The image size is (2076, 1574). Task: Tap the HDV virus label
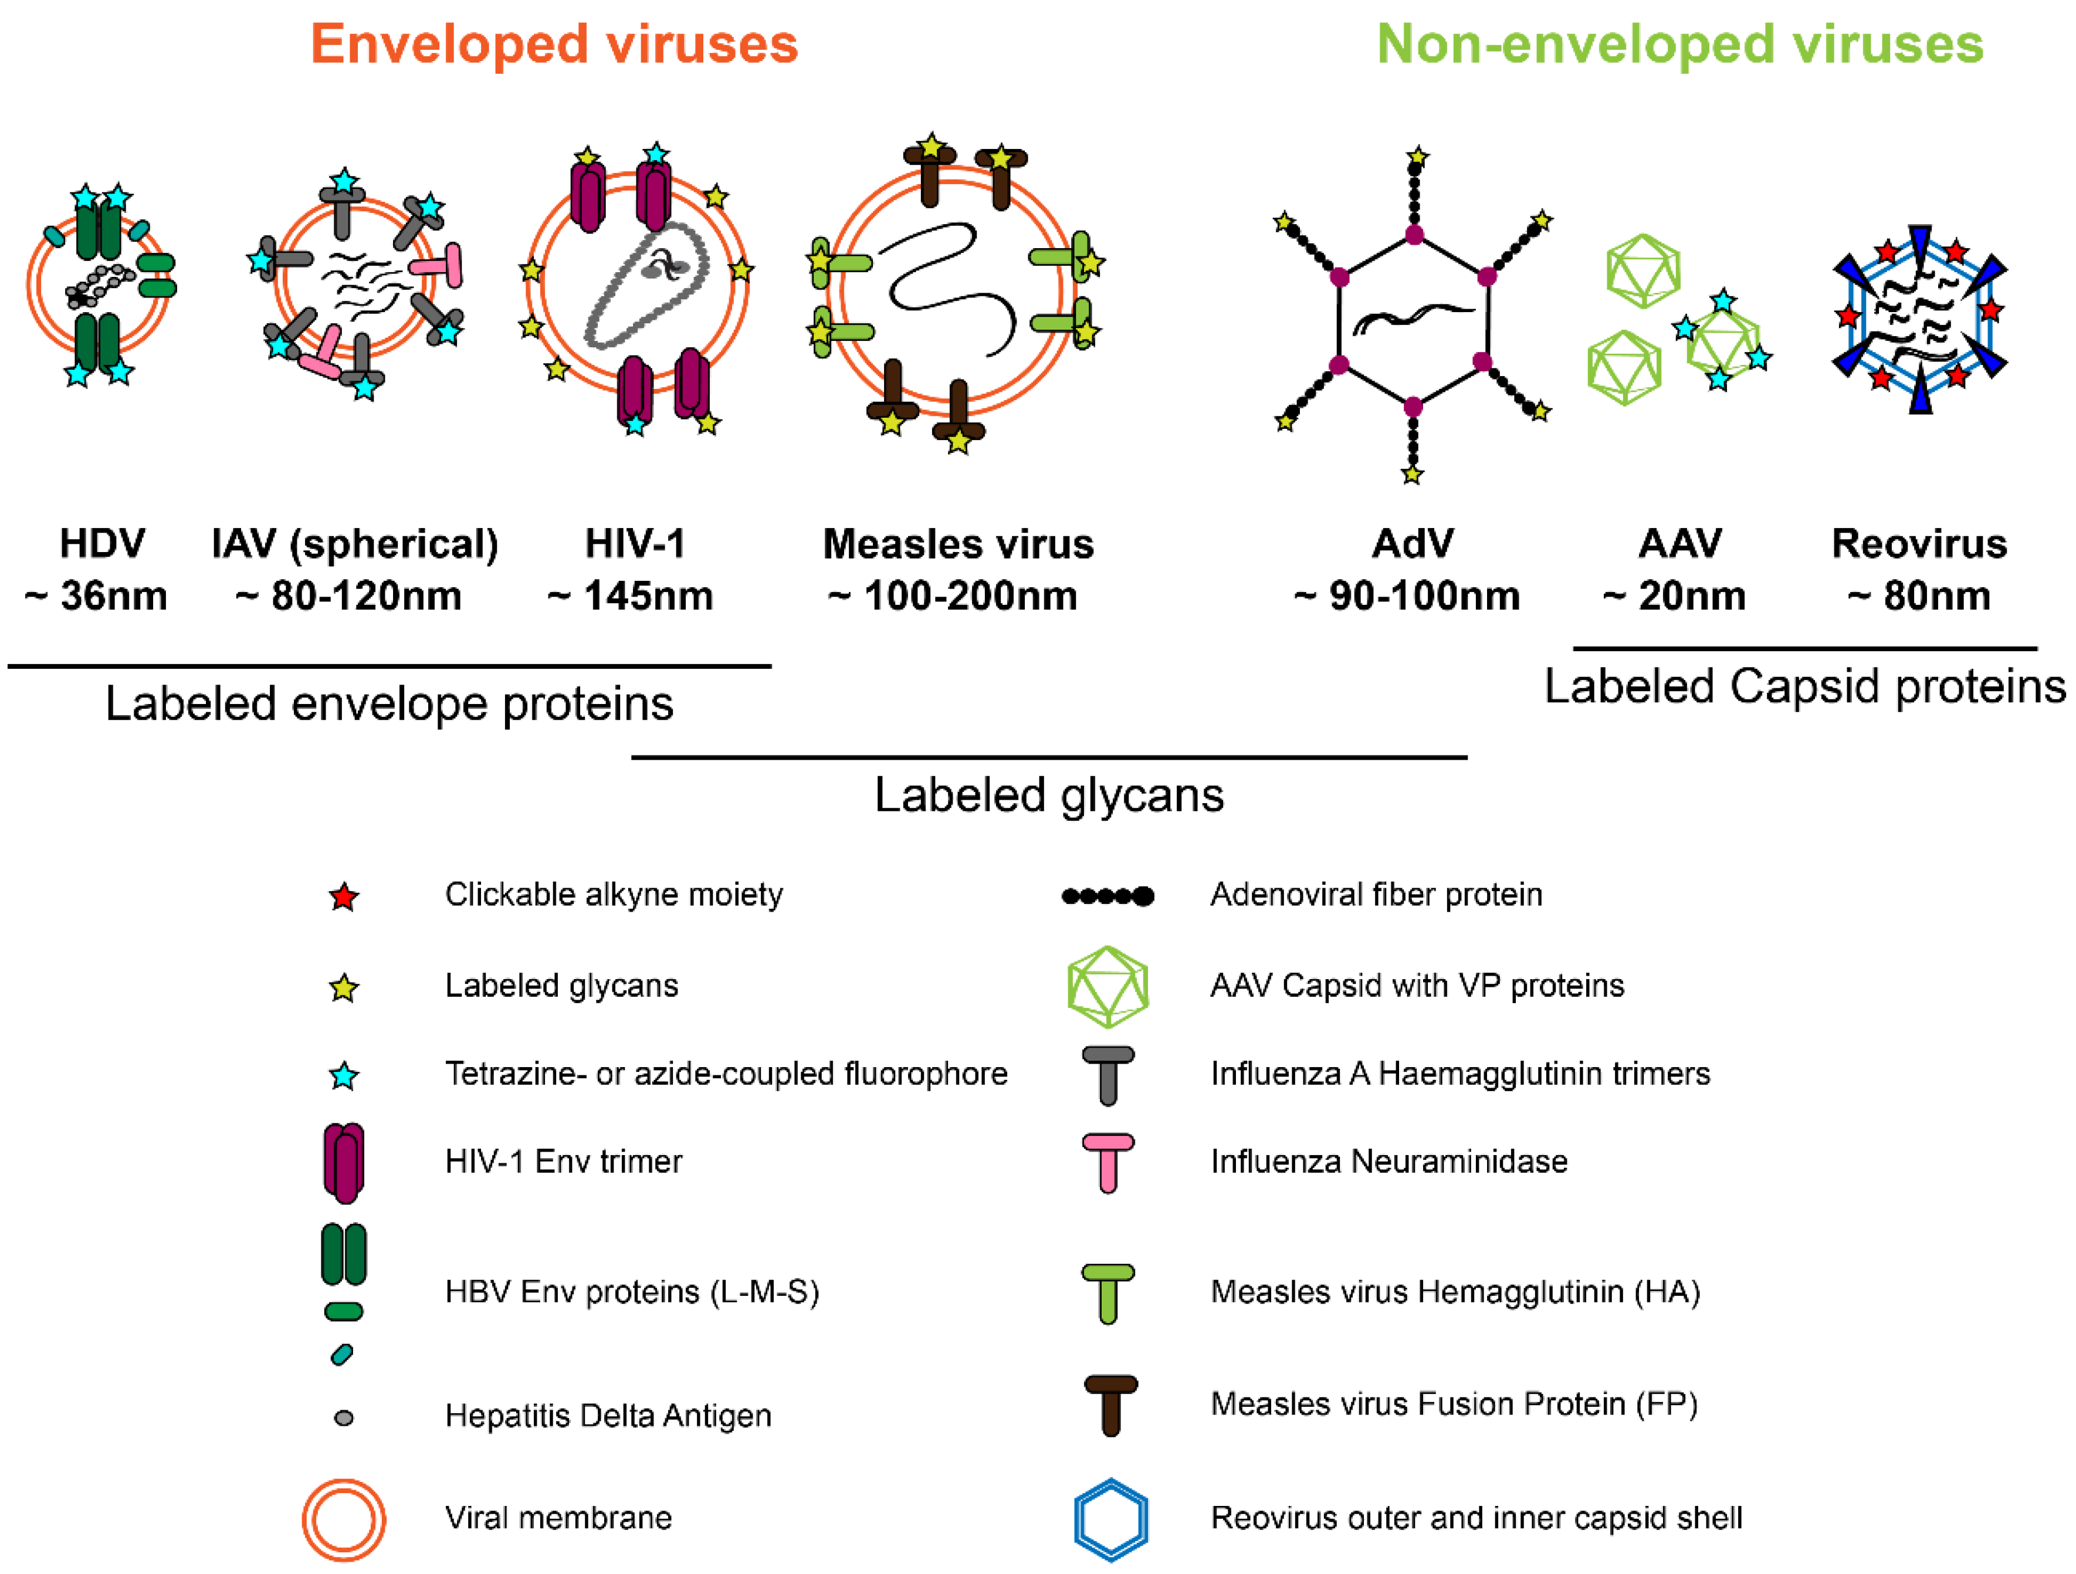[x=102, y=543]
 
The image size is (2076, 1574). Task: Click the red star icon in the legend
[x=344, y=896]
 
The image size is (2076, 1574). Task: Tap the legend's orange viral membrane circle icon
[x=344, y=1519]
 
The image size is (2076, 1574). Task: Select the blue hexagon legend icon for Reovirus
[x=1110, y=1519]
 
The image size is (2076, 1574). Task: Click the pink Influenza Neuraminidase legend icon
[x=1108, y=1163]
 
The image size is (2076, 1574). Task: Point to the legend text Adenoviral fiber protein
[x=1375, y=895]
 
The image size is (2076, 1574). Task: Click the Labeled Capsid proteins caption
[x=1804, y=686]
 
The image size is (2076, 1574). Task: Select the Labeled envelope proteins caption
[x=388, y=703]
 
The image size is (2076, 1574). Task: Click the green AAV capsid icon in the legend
[x=1108, y=986]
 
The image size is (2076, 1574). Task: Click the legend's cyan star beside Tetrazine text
[x=344, y=1075]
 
